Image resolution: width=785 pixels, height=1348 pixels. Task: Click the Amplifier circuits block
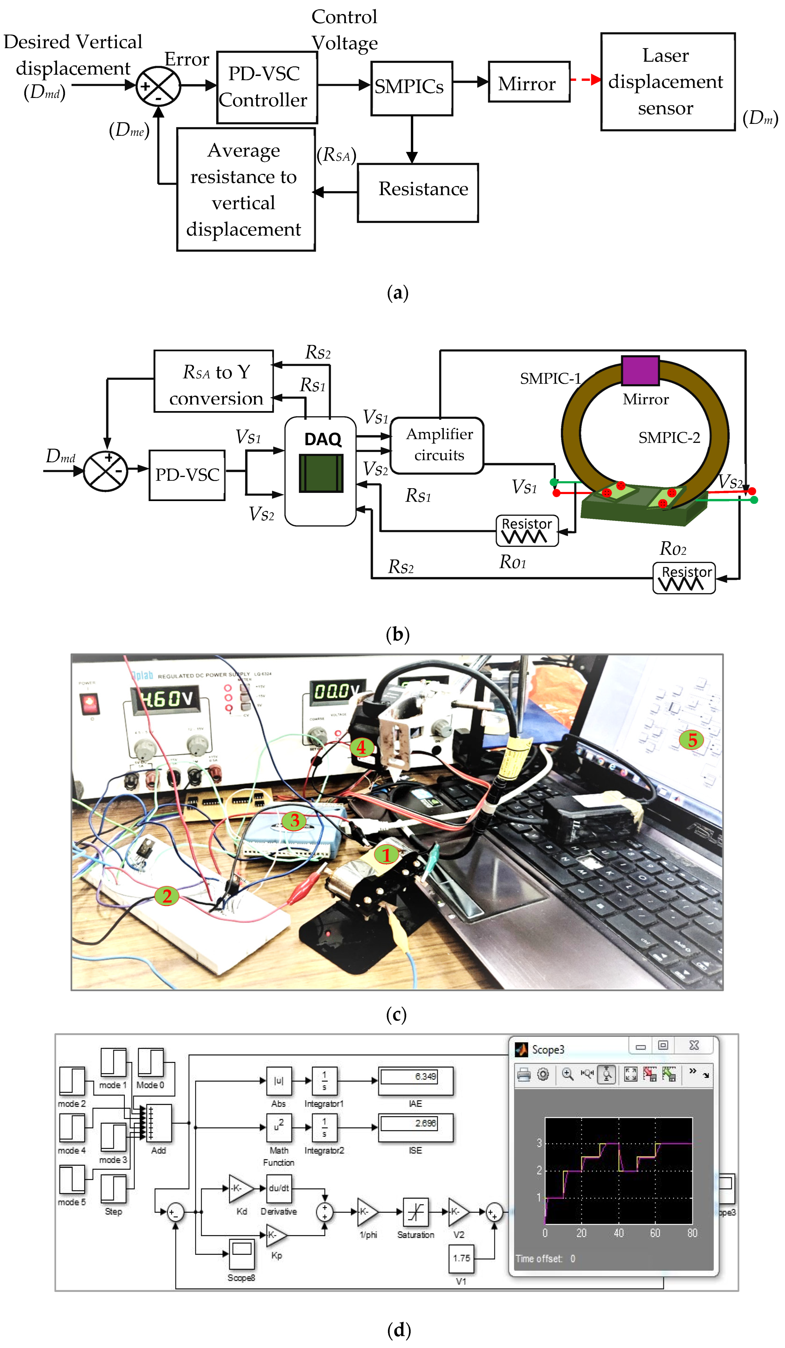437,445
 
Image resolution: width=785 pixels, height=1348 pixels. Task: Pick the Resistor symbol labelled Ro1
527,530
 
